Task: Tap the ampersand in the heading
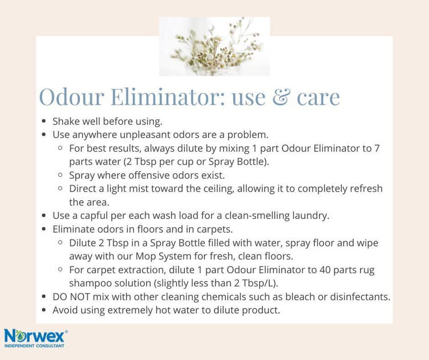coord(281,96)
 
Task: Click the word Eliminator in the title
coord(168,96)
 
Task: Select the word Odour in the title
coord(72,96)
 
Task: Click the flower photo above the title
coord(214,46)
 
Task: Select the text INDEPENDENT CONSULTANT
coord(34,346)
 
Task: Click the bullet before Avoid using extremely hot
coord(44,310)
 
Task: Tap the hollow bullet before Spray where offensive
coord(60,175)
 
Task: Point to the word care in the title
coord(318,97)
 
